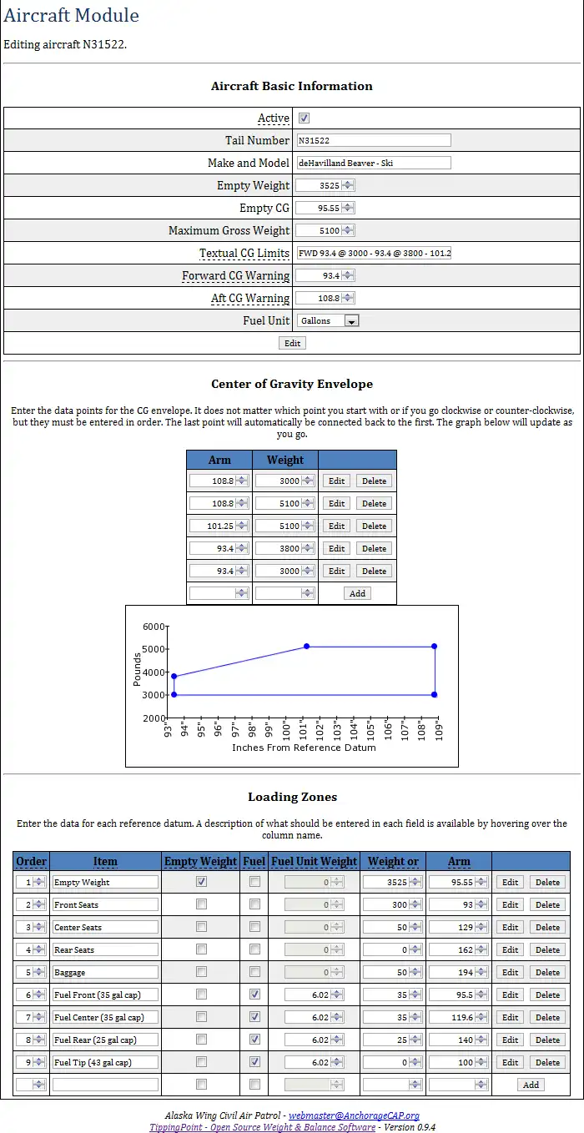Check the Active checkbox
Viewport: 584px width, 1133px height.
pyautogui.click(x=304, y=118)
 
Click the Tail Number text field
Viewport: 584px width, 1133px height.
pyautogui.click(x=373, y=141)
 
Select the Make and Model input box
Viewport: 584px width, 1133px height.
pyautogui.click(x=373, y=164)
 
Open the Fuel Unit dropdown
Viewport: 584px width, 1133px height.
pyautogui.click(x=327, y=320)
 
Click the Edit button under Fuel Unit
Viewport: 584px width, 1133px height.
pyautogui.click(x=292, y=343)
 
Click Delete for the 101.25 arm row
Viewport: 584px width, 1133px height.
pyautogui.click(x=374, y=526)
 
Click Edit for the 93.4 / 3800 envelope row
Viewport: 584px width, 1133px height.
pyautogui.click(x=336, y=549)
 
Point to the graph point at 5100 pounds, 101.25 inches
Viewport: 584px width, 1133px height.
pyautogui.click(x=307, y=647)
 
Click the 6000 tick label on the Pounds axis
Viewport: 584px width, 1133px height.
pyautogui.click(x=154, y=627)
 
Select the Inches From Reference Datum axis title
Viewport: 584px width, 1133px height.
pyautogui.click(x=304, y=748)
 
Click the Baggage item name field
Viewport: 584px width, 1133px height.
pyautogui.click(x=105, y=973)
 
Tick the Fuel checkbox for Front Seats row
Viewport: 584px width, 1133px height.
pyautogui.click(x=254, y=904)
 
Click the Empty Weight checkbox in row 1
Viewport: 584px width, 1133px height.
pyautogui.click(x=201, y=882)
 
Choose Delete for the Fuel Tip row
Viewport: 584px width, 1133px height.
pyautogui.click(x=547, y=1063)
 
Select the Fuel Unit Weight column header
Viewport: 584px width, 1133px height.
pyautogui.click(x=315, y=861)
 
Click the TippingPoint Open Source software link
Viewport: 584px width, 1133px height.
pyautogui.click(x=262, y=1127)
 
